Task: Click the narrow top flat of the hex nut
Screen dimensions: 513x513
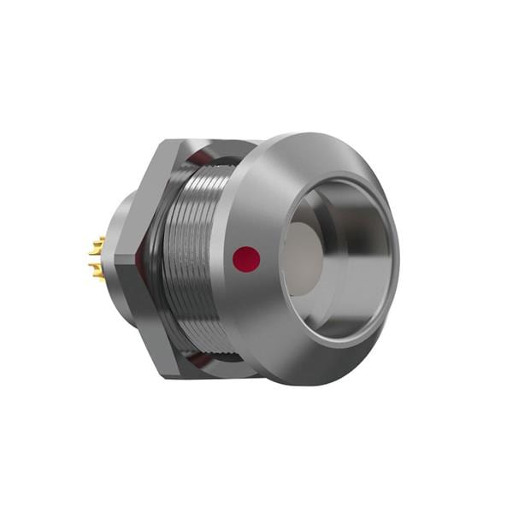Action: click(214, 144)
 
